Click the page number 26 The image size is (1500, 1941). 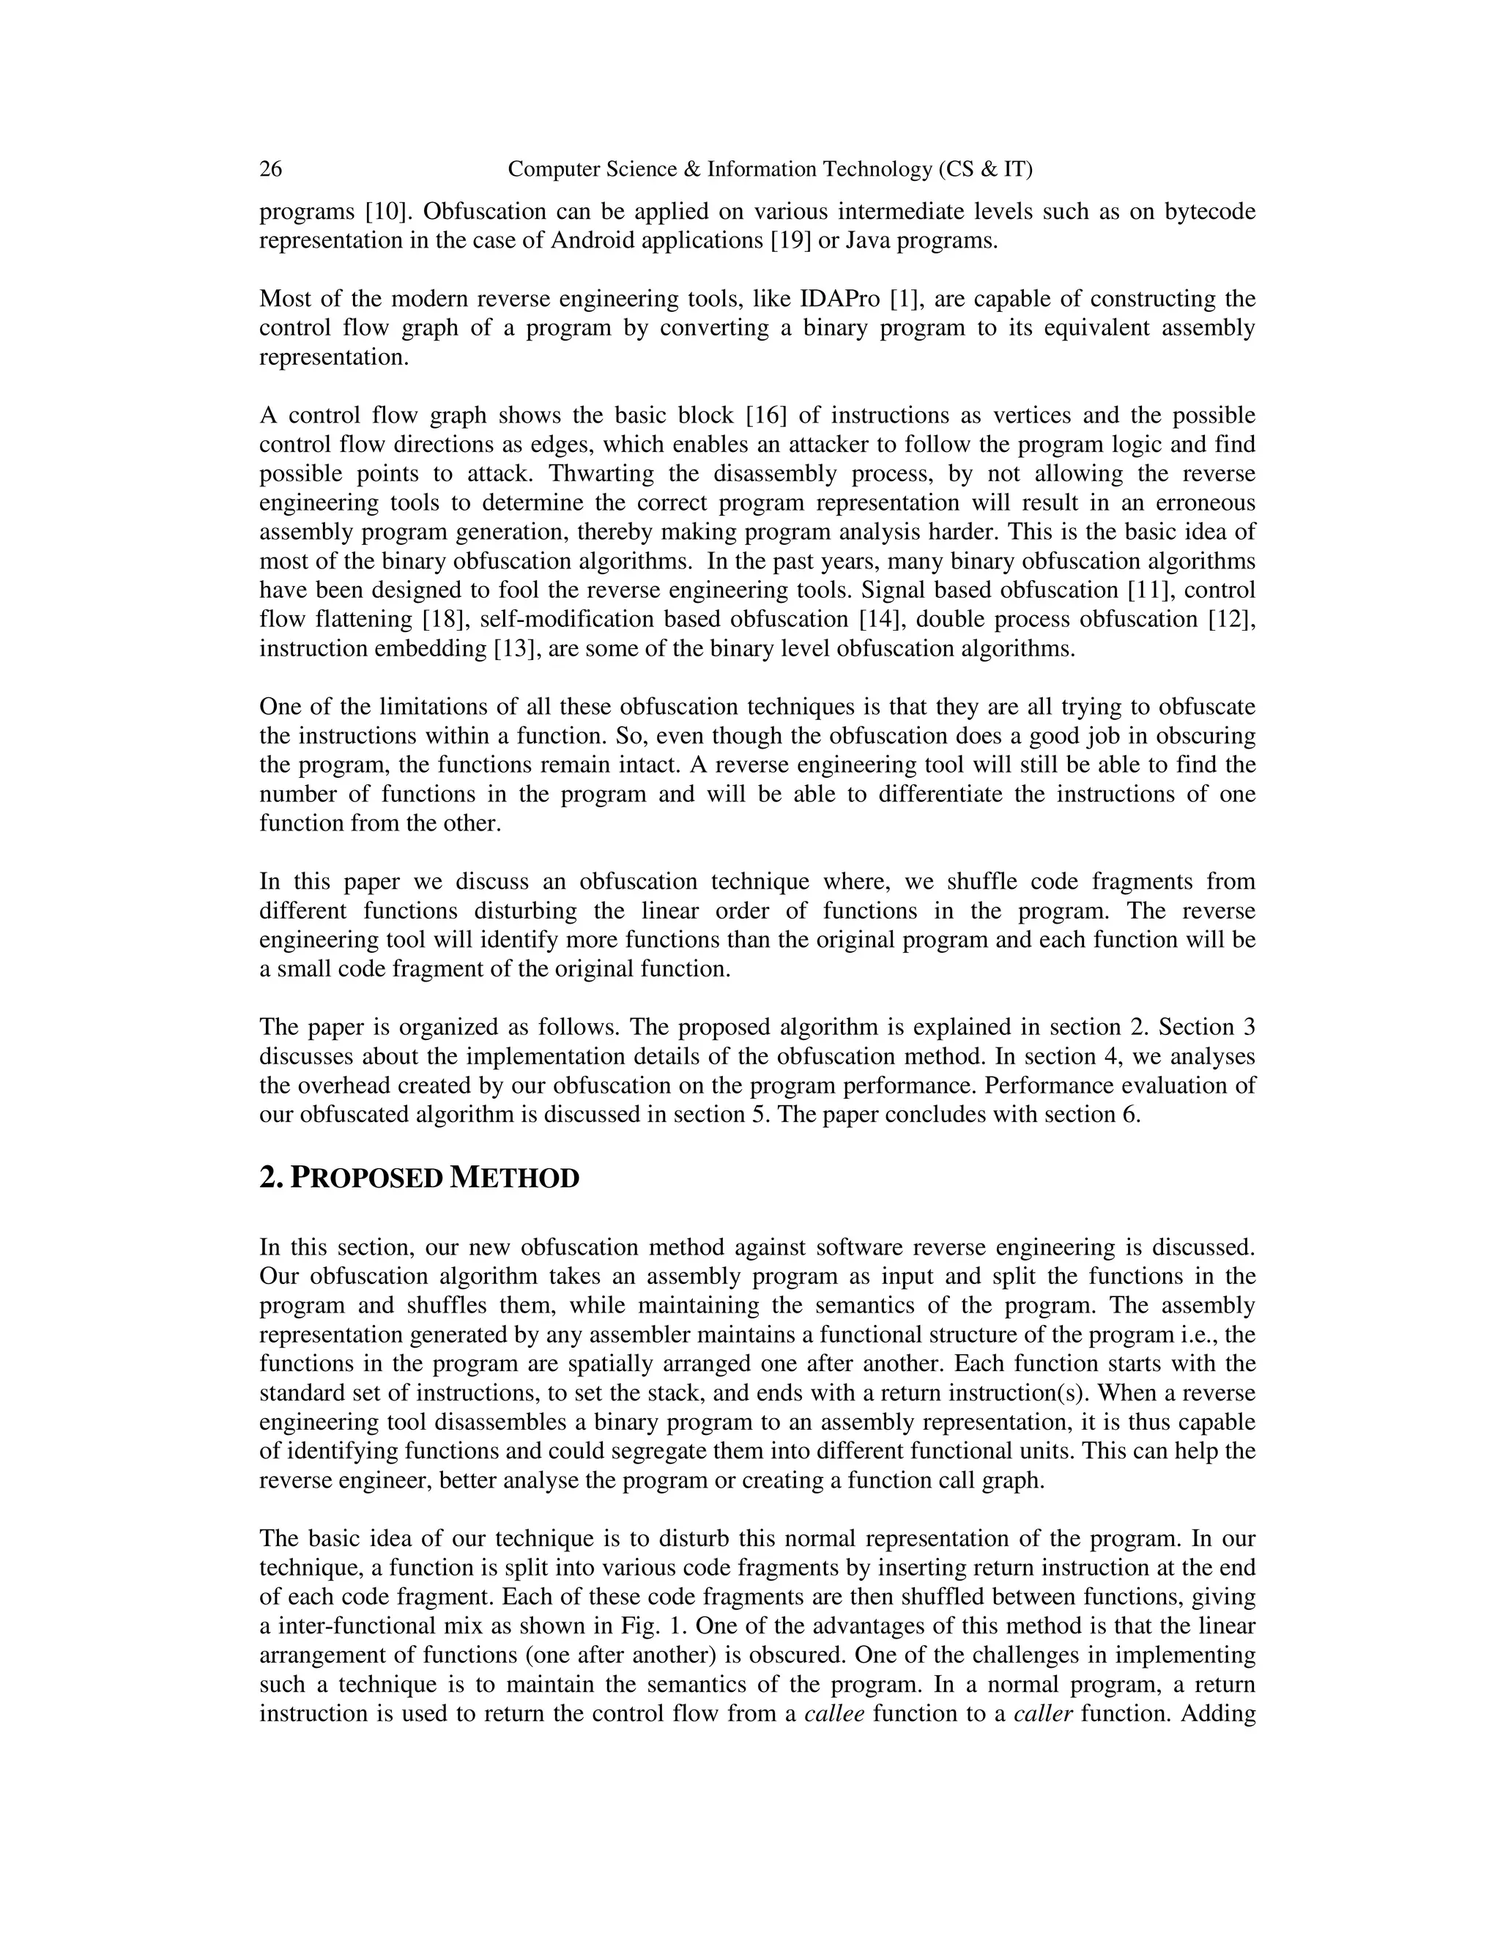(x=271, y=169)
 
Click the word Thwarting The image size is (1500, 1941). (x=604, y=474)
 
